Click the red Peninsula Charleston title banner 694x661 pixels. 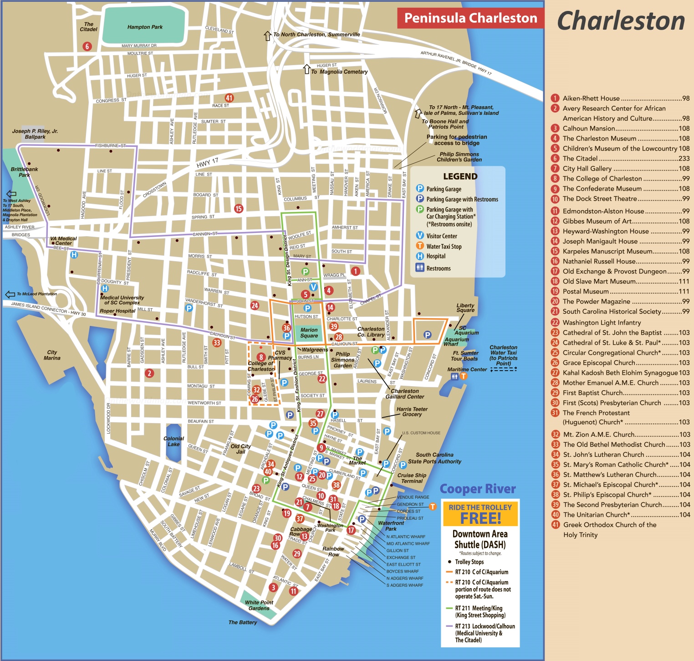point(470,18)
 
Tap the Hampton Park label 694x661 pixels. point(145,27)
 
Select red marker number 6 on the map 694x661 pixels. point(87,46)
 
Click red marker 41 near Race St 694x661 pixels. point(229,98)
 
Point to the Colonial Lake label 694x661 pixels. point(173,441)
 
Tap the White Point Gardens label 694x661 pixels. point(259,605)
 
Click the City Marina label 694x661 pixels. point(52,355)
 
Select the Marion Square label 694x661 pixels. point(309,333)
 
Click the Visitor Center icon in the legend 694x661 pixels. point(420,236)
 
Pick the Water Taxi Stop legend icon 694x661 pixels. point(420,246)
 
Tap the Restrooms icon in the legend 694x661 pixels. point(420,268)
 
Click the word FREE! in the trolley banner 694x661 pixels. point(480,518)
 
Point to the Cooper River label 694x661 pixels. point(477,489)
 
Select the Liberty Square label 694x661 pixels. point(465,308)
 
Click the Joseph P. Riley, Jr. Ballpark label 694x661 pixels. point(35,134)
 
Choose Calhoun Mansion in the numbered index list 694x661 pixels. point(589,129)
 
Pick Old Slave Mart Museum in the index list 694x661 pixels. point(599,281)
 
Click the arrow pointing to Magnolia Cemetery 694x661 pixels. point(307,69)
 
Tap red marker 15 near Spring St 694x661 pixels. point(239,208)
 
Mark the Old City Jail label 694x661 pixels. point(240,449)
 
